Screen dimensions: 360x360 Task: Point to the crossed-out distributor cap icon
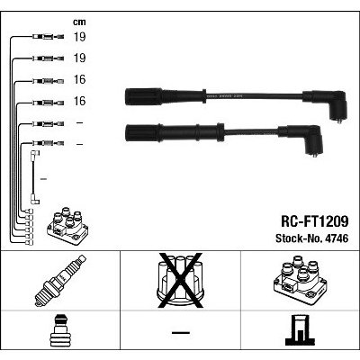pyautogui.click(x=179, y=280)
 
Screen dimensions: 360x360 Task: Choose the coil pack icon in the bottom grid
pyautogui.click(x=299, y=280)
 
